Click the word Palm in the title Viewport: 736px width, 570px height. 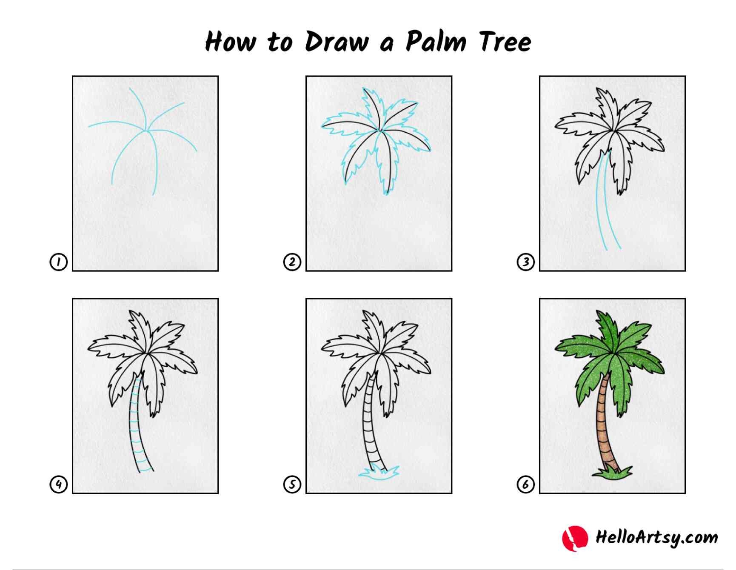pos(436,41)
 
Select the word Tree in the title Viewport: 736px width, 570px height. pos(505,41)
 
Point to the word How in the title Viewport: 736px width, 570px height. pos(231,42)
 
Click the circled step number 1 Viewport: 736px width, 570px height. pos(59,262)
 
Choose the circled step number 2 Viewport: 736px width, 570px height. pos(292,262)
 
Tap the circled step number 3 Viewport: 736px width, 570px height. pos(526,262)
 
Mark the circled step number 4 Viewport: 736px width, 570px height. pos(59,484)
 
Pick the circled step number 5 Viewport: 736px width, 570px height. pos(292,484)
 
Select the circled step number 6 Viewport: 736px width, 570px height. pos(526,484)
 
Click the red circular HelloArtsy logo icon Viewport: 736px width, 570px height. pos(575,538)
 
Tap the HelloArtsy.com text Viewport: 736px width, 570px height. pos(656,537)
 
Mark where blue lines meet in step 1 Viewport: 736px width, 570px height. pos(147,130)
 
